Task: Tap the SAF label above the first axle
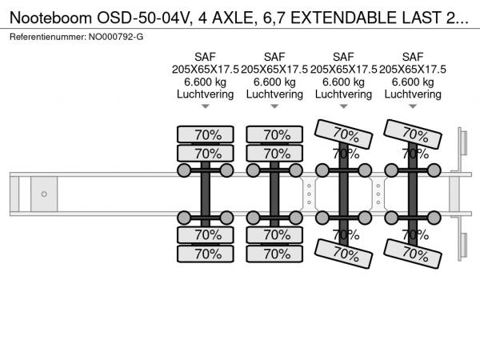(206, 57)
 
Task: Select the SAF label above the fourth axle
(413, 57)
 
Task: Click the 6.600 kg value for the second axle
(274, 81)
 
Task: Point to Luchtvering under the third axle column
(344, 94)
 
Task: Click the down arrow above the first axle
(206, 106)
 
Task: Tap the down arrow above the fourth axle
(413, 106)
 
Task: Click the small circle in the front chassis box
(44, 194)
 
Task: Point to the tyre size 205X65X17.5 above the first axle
(206, 69)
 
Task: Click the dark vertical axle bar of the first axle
(206, 194)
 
